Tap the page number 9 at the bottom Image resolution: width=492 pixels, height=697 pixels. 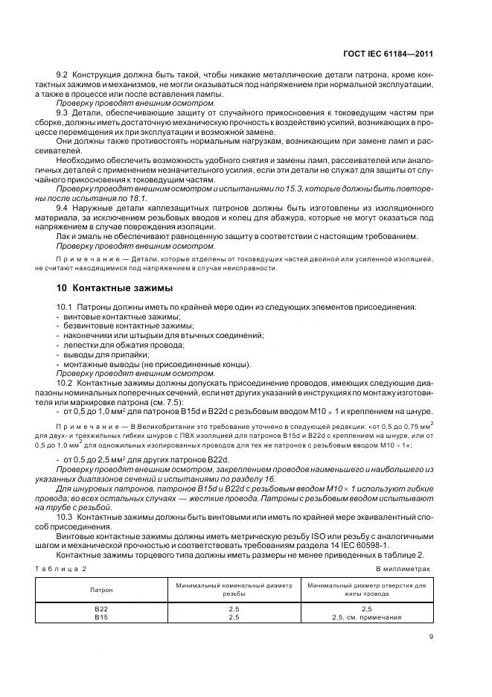point(431,636)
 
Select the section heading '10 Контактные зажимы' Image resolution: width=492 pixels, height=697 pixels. point(105,287)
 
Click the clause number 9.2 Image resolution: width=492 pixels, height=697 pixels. point(63,77)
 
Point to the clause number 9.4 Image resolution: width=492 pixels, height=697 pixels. point(63,209)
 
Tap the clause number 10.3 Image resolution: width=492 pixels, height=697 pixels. point(66,516)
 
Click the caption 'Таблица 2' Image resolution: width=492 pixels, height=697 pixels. point(62,568)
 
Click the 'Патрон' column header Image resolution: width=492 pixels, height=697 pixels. point(103,589)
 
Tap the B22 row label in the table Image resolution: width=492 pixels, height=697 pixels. point(103,608)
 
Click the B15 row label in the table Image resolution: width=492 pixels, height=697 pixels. point(103,617)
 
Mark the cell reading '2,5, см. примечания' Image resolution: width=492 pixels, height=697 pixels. point(365,617)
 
